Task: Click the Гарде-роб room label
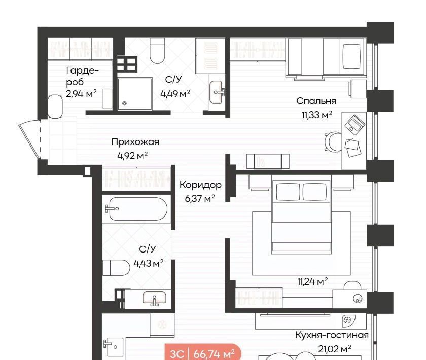click(x=82, y=76)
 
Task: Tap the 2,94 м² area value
click(x=81, y=94)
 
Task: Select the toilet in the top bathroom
click(x=157, y=51)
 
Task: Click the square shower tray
click(x=135, y=94)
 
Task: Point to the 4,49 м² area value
click(x=175, y=94)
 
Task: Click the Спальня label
click(x=316, y=101)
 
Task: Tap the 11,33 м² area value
click(x=317, y=115)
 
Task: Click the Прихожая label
click(x=135, y=142)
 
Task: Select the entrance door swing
click(x=29, y=139)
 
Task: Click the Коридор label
click(x=200, y=185)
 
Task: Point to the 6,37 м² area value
click(x=200, y=198)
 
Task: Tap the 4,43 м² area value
click(x=148, y=263)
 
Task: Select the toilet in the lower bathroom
click(x=116, y=268)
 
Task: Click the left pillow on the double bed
click(x=288, y=192)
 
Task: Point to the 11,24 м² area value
click(x=312, y=281)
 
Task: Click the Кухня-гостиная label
click(x=332, y=335)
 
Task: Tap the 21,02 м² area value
click(x=334, y=349)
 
